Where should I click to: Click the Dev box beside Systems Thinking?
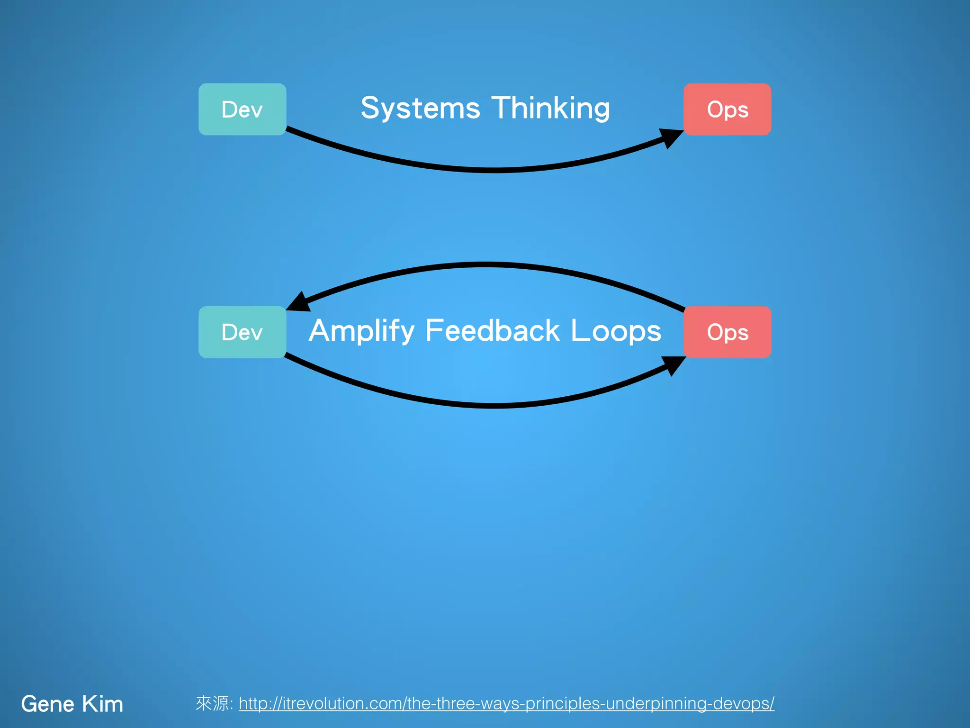[242, 109]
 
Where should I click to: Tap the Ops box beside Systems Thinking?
[727, 109]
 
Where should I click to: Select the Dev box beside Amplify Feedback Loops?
[242, 332]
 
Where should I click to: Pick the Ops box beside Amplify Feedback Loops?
[727, 332]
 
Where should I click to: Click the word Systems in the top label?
[420, 109]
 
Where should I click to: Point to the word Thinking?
[550, 109]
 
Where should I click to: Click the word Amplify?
[361, 331]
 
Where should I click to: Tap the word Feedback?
[493, 330]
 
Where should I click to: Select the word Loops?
[616, 331]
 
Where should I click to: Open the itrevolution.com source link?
[506, 703]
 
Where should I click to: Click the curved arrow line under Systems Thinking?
[493, 170]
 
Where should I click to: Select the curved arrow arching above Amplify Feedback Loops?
[485, 265]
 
